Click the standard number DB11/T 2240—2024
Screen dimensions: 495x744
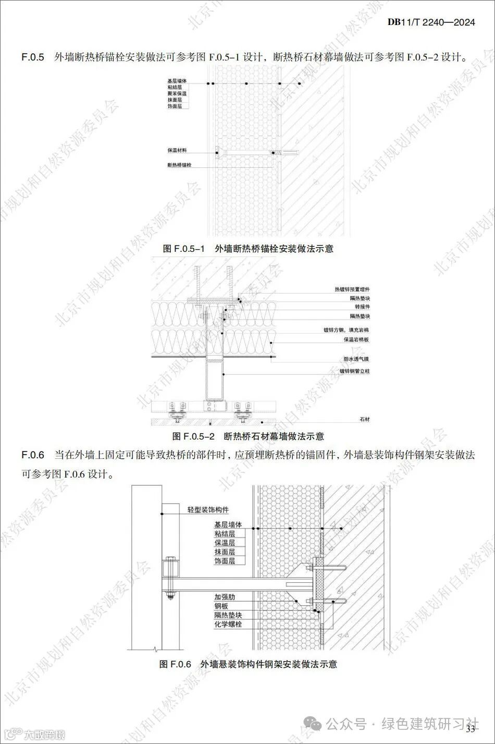click(431, 22)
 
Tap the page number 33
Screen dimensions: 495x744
click(472, 728)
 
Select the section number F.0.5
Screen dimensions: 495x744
click(33, 56)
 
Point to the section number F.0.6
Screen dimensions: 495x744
click(33, 455)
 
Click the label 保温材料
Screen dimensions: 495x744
click(177, 150)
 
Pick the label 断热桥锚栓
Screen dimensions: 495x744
click(179, 165)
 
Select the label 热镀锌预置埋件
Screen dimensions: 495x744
click(352, 289)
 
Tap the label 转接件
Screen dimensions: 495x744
click(362, 307)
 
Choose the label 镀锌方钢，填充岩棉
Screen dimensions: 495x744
click(346, 330)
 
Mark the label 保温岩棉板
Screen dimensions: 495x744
click(356, 339)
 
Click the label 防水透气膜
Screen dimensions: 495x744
click(356, 359)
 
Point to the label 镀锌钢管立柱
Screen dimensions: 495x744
click(354, 371)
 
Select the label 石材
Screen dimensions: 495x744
click(364, 419)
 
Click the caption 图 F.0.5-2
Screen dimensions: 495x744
click(194, 436)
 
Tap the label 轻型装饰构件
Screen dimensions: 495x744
click(208, 509)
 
